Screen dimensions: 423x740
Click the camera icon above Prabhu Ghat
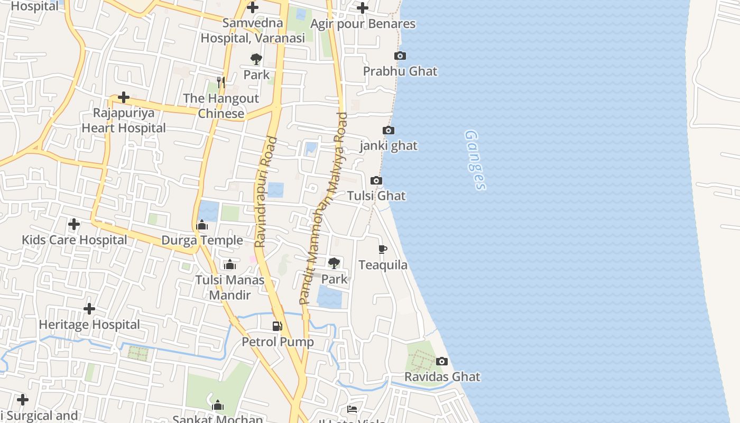(x=400, y=56)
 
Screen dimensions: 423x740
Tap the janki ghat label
(x=388, y=145)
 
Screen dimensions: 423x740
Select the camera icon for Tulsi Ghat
(x=376, y=181)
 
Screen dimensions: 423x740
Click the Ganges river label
(x=475, y=160)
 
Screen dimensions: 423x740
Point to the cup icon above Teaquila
(x=383, y=249)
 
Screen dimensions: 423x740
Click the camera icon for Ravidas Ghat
(x=442, y=362)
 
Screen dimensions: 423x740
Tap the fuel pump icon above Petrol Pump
(x=277, y=326)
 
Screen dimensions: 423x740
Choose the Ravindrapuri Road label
(x=265, y=192)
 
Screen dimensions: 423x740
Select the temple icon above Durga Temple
(x=202, y=226)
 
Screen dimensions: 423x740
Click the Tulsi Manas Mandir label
(x=230, y=287)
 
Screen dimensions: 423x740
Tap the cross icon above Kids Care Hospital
(x=74, y=225)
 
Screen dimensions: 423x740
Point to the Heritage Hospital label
(x=89, y=324)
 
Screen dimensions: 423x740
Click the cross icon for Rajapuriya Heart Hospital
(x=124, y=98)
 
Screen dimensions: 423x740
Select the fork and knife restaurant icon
(x=221, y=82)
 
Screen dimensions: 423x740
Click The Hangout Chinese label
(x=221, y=106)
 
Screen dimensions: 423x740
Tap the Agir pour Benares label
(x=363, y=24)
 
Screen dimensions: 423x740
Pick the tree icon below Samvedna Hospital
(x=256, y=59)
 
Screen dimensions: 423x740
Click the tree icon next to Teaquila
(x=334, y=263)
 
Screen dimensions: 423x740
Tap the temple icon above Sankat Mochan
(x=218, y=406)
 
